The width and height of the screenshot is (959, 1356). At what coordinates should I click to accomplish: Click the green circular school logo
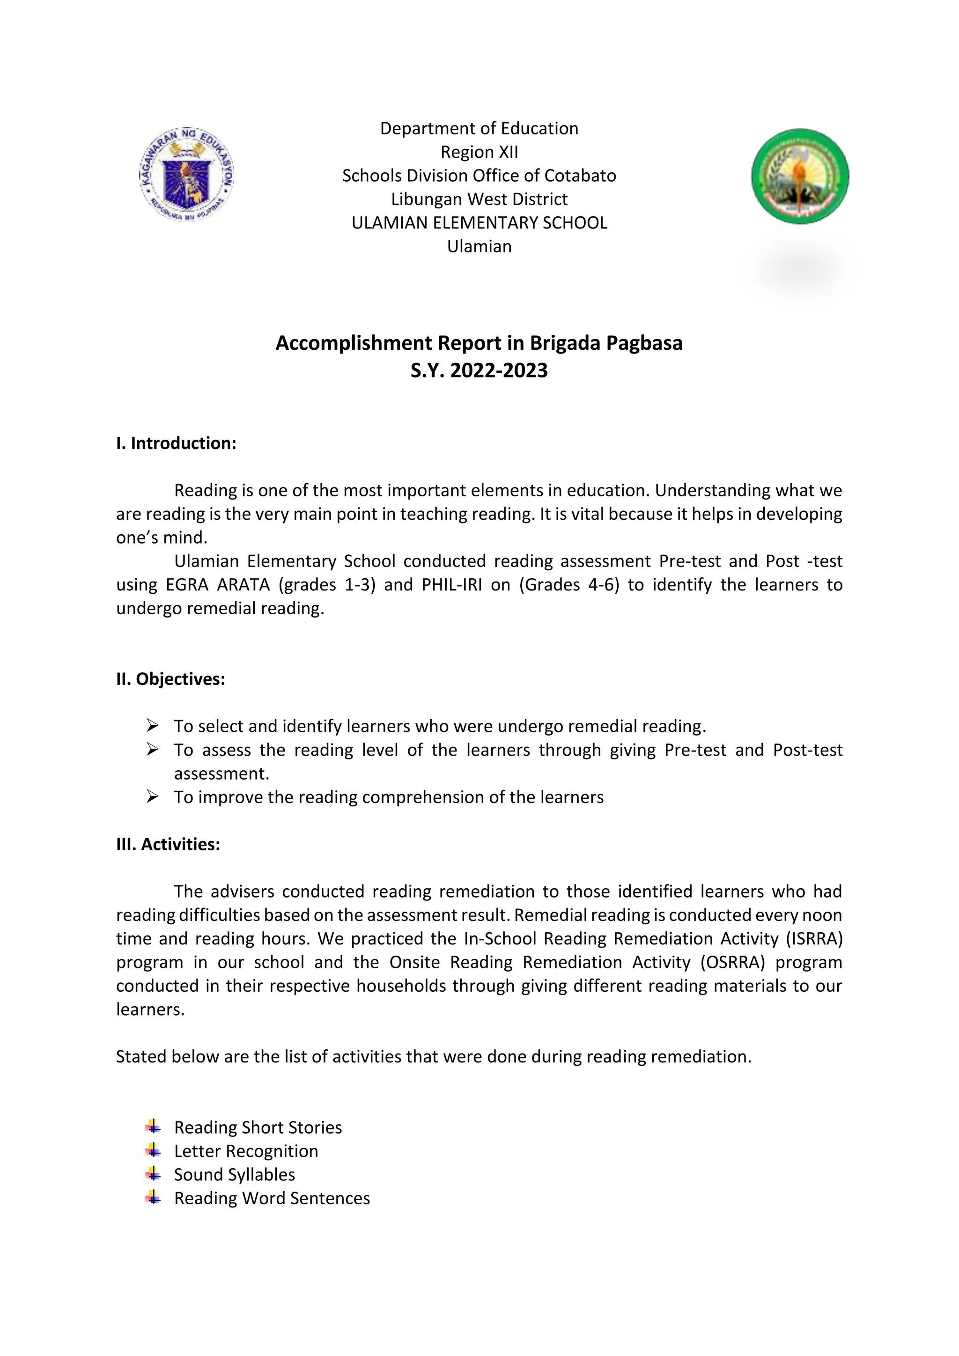[x=800, y=177]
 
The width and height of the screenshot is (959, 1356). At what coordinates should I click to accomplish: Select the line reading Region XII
[x=479, y=152]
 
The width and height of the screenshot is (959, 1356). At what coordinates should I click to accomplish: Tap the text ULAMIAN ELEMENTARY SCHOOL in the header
[x=479, y=223]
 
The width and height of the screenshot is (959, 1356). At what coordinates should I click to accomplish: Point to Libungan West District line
[x=479, y=199]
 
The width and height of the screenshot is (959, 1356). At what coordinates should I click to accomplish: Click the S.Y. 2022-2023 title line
[x=479, y=371]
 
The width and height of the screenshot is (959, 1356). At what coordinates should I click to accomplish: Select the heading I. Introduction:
[x=176, y=443]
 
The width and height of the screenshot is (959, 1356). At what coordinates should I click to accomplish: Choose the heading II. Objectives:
[x=170, y=679]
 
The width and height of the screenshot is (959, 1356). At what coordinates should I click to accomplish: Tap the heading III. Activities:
[x=168, y=845]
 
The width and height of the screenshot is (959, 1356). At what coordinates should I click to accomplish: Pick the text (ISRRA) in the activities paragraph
[x=813, y=939]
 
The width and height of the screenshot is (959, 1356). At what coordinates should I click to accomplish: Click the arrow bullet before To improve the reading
[x=152, y=797]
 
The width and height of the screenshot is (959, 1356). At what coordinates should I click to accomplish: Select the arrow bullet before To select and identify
[x=152, y=726]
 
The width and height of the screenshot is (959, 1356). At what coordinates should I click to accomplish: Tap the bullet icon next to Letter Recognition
[x=153, y=1150]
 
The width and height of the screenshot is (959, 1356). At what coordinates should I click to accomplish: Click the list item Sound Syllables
[x=235, y=1175]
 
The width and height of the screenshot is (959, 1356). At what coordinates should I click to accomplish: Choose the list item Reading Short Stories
[x=258, y=1128]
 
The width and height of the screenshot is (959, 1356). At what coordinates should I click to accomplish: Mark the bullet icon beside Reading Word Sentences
[x=153, y=1198]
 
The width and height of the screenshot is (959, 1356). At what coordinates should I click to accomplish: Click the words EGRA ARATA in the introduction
[x=217, y=585]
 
